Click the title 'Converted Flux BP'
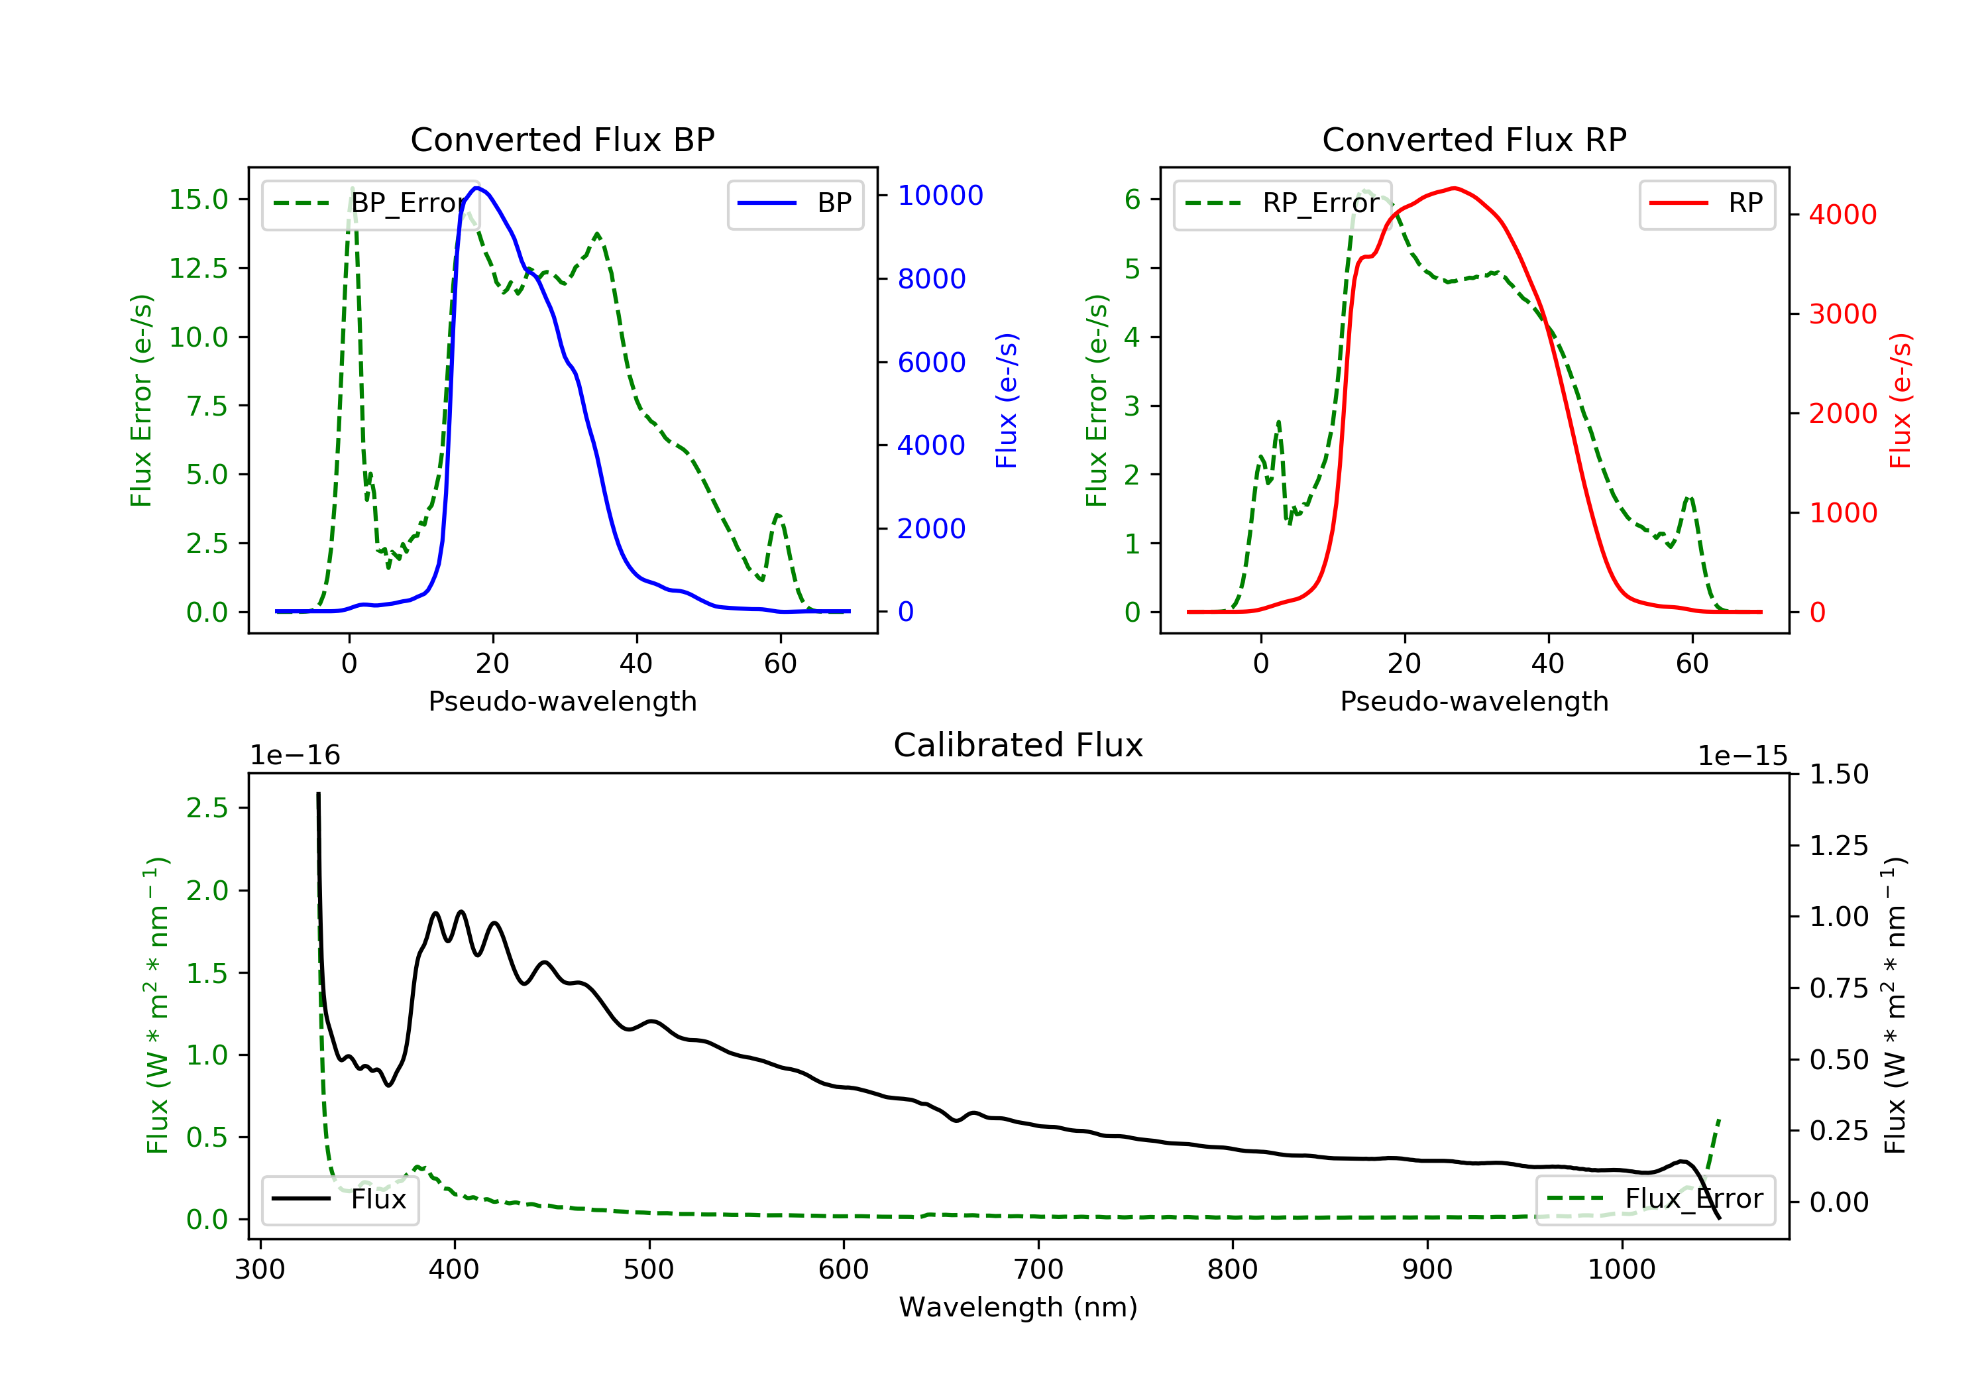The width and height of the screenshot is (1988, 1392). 562,139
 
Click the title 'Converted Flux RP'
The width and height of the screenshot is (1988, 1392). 1474,139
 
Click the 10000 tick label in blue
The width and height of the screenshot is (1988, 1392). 940,196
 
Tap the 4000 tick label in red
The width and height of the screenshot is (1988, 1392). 1842,215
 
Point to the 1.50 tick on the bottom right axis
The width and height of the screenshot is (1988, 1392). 1839,774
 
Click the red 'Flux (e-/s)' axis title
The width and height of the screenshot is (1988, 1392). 1900,401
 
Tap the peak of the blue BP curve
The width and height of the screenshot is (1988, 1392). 476,188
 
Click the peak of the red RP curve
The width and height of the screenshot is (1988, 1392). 1455,188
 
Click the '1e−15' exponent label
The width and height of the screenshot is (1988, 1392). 1742,756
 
